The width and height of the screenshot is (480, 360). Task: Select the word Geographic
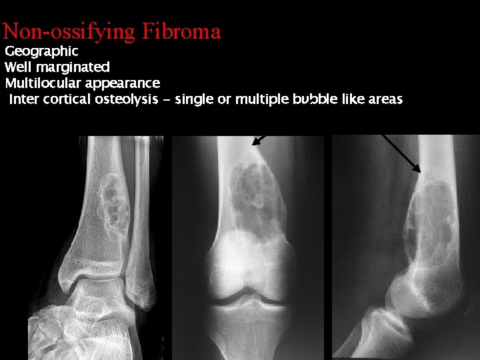click(41, 51)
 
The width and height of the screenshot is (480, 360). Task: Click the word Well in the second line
click(19, 67)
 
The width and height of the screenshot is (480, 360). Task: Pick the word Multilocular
click(45, 83)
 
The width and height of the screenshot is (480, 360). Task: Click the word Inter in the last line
click(23, 99)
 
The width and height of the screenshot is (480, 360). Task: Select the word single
click(194, 99)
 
